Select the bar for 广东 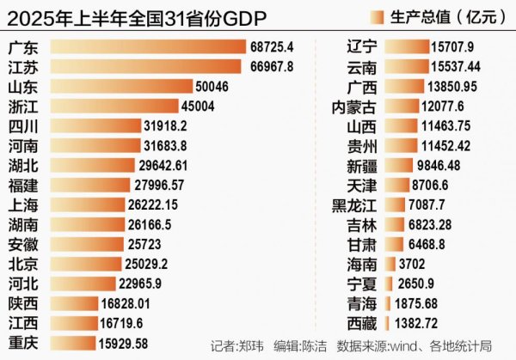tap(146, 46)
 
